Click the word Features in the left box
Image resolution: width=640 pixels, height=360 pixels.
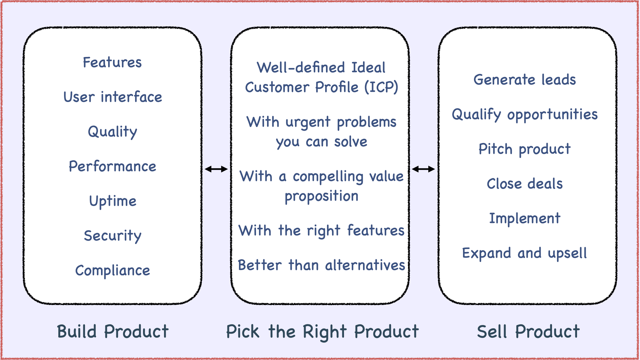pos(112,62)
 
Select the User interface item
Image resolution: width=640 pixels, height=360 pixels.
pos(113,97)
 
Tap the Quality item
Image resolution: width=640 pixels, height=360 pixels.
pos(112,132)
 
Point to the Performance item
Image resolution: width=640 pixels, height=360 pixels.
pos(112,166)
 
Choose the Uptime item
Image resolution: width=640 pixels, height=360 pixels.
pos(113,201)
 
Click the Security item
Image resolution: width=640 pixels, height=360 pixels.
pos(113,236)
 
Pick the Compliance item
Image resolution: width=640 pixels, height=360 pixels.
pos(113,270)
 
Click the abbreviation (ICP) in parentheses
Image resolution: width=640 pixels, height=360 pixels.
pos(381,87)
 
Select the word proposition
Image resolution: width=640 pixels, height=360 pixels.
pos(322,196)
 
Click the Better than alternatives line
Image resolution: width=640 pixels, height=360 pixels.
pos(322,265)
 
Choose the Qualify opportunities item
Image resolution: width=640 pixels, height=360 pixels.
pos(525,115)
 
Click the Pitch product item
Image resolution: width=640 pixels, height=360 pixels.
pos(525,149)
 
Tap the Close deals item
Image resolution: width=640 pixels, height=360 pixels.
pos(525,184)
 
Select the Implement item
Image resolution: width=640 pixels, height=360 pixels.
pos(525,219)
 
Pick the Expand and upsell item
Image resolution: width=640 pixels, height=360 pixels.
pos(525,253)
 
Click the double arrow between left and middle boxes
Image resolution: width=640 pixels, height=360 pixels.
pos(216,169)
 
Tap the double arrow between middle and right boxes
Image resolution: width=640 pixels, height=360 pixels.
pos(423,169)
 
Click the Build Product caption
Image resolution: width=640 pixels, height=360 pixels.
pos(113,332)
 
